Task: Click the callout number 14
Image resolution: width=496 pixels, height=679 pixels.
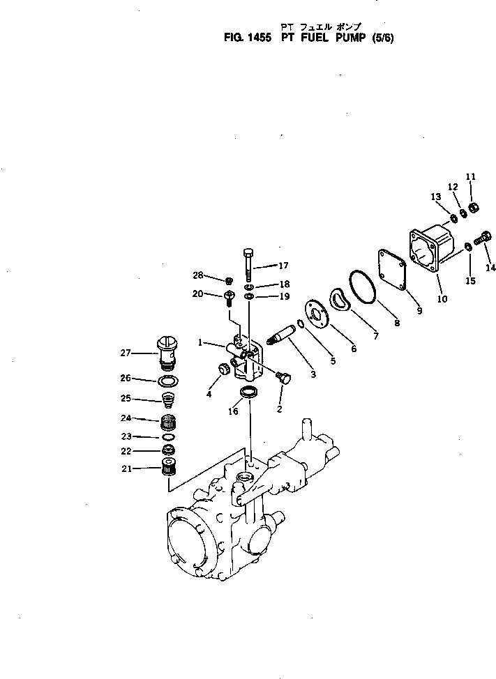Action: click(x=490, y=267)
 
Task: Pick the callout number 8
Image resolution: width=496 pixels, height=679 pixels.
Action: click(x=397, y=322)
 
